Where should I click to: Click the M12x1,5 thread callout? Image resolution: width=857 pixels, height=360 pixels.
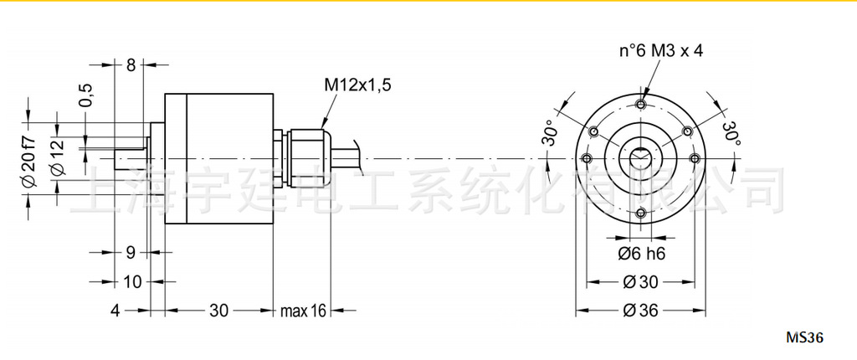tap(357, 85)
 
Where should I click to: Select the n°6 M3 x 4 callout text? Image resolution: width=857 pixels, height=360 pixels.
tap(660, 51)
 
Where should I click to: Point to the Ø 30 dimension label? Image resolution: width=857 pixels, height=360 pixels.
tap(641, 281)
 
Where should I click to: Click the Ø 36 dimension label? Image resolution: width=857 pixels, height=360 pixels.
tap(640, 311)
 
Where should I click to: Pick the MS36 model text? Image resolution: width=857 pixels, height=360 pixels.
tap(805, 338)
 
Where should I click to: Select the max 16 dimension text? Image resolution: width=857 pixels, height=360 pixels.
tap(303, 311)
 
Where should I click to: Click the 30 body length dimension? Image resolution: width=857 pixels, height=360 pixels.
tap(218, 311)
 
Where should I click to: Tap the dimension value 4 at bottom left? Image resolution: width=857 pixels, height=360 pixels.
tap(116, 311)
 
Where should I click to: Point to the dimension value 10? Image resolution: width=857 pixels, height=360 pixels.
tap(132, 281)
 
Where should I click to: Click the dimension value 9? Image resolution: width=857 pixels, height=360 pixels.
tap(131, 252)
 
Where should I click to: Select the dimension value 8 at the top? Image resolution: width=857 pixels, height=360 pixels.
tap(131, 65)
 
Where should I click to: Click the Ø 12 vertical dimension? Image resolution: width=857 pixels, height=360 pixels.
tap(57, 157)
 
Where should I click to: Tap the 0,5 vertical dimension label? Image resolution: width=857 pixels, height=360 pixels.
tap(85, 96)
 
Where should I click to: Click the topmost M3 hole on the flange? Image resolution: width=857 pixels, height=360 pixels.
tap(640, 104)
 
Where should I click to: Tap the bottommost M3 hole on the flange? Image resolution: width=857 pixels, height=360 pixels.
tap(640, 213)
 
